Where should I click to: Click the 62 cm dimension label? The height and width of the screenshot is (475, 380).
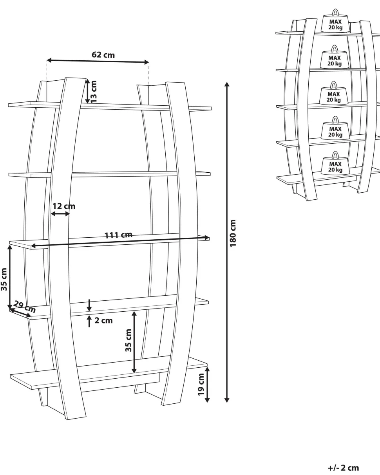(103, 55)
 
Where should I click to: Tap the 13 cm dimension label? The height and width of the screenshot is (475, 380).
(94, 91)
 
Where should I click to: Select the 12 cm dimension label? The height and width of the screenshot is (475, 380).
(64, 206)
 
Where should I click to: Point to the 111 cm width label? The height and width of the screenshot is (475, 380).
(118, 235)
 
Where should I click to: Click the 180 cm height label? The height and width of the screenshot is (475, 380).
(233, 233)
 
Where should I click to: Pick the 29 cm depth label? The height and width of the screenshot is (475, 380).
(24, 307)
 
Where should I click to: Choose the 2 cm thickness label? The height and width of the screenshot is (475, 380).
(103, 320)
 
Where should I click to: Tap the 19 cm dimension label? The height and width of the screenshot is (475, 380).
(201, 385)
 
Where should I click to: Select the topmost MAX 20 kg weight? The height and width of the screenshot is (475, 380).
(335, 21)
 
